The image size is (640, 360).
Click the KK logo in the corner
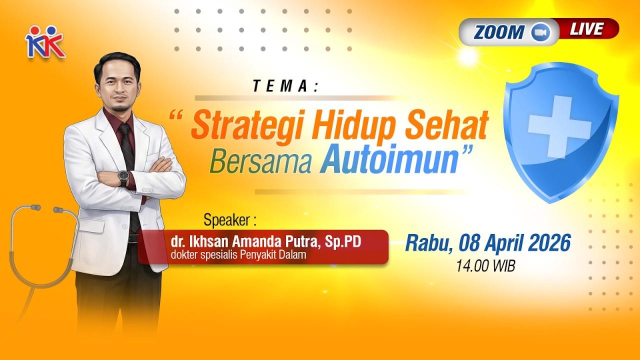click(x=45, y=42)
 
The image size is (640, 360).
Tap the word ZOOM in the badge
click(x=499, y=32)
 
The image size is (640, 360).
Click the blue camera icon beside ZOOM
click(x=540, y=32)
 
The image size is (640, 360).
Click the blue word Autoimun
click(x=390, y=160)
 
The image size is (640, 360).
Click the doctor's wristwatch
click(x=123, y=177)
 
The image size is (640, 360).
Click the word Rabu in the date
click(x=425, y=243)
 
